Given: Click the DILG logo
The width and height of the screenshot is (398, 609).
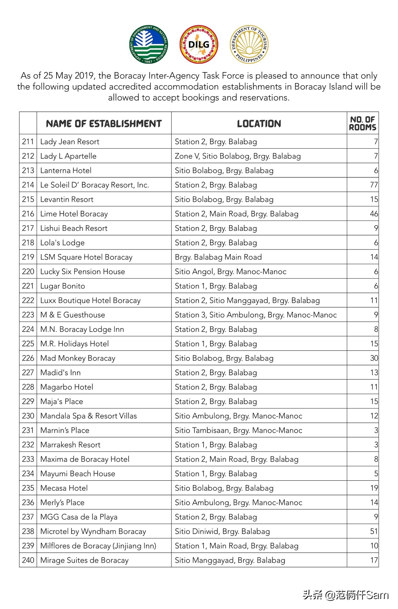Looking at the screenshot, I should [x=199, y=45].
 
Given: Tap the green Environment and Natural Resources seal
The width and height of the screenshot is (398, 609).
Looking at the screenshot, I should [x=149, y=45].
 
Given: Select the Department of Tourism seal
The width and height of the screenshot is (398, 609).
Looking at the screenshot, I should [x=249, y=44].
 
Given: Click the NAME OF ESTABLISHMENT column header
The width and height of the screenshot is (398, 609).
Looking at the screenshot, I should [x=104, y=124].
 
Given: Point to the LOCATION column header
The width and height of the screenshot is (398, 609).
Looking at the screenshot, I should [x=259, y=124].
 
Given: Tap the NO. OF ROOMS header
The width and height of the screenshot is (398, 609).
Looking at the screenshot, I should [x=362, y=123].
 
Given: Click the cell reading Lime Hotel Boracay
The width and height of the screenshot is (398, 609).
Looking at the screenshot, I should [x=74, y=214].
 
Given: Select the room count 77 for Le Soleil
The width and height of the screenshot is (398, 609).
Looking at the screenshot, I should [x=374, y=185].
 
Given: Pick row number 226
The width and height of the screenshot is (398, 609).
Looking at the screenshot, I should [x=28, y=358].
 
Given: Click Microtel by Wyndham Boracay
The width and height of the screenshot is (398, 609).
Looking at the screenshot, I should [x=93, y=531].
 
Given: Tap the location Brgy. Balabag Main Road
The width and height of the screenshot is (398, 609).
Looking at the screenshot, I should [x=218, y=257].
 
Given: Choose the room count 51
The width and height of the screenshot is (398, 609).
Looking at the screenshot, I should [x=374, y=531].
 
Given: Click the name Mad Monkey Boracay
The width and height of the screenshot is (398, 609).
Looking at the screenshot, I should [x=78, y=358].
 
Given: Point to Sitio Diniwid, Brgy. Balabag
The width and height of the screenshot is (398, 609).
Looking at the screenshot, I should [x=222, y=531].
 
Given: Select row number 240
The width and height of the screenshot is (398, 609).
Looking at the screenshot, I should [x=28, y=560].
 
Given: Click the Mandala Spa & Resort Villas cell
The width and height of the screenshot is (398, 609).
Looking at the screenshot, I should [x=88, y=416].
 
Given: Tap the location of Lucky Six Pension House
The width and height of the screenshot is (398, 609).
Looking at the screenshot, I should [x=230, y=272].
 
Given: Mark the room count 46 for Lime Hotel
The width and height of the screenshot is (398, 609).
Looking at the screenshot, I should [x=374, y=214].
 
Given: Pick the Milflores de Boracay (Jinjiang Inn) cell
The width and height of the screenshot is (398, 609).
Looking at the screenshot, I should [x=98, y=546].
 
